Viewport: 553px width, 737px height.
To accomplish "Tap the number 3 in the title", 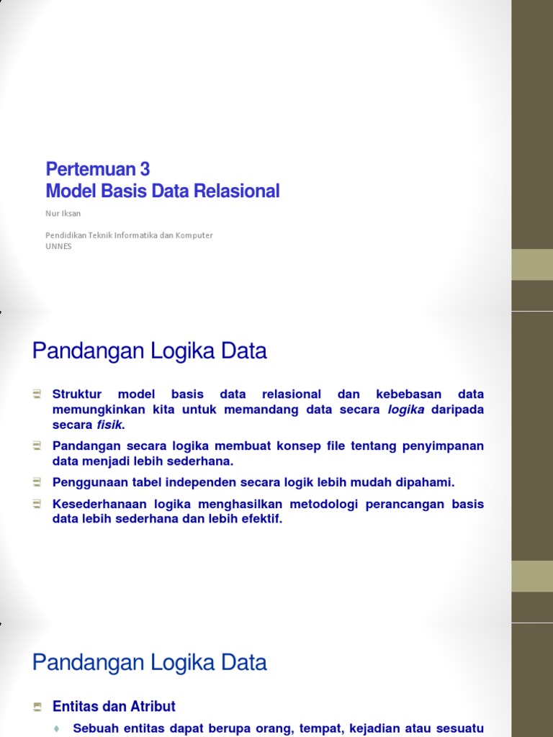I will [x=145, y=169].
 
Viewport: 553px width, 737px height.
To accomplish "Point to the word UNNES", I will [x=58, y=246].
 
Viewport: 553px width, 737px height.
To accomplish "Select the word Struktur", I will [x=77, y=394].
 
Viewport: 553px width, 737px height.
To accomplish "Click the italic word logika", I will [x=406, y=410].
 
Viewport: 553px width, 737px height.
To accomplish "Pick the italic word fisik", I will [x=110, y=425].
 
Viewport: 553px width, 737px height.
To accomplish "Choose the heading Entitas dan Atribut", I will [x=114, y=706].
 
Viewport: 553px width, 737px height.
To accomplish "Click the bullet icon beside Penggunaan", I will [x=37, y=481].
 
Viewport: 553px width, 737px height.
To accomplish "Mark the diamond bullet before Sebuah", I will [x=56, y=729].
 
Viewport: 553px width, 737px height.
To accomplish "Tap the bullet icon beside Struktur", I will [x=37, y=394].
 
